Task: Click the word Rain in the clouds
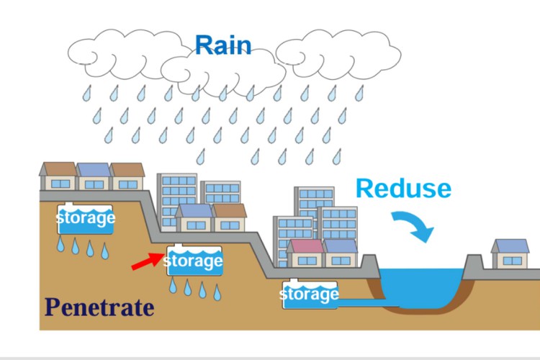223,45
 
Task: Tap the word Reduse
403,188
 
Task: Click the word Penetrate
99,307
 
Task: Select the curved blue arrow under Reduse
415,224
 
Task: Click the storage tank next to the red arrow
193,261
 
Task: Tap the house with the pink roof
305,254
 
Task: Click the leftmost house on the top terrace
58,176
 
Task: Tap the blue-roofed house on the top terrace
94,176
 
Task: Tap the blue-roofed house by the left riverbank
341,254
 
